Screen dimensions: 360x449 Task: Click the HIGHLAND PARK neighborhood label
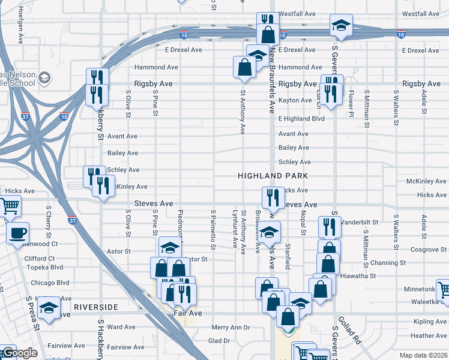273,176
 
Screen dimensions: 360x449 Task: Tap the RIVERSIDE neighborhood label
96,307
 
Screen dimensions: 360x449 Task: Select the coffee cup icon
18,232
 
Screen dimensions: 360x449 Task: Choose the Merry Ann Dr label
231,328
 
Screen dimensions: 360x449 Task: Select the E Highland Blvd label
301,119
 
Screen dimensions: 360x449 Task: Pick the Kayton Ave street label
295,100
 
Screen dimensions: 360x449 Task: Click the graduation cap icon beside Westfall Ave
341,25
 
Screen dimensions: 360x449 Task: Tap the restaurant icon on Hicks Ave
272,196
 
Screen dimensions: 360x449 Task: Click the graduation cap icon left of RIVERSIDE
49,308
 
